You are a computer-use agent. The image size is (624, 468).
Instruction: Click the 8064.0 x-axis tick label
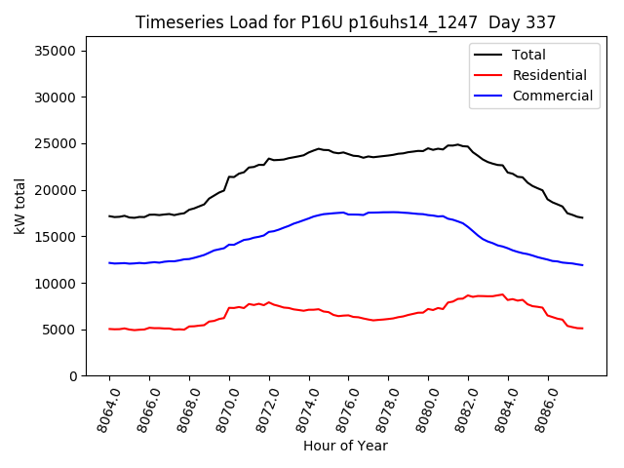99,408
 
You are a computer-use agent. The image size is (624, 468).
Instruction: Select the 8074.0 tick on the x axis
298,408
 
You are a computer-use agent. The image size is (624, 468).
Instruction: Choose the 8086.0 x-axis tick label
538,408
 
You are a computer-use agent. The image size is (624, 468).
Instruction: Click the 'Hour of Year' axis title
345,447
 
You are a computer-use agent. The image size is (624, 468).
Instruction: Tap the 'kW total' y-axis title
20,206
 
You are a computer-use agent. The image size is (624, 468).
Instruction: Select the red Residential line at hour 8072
269,302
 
